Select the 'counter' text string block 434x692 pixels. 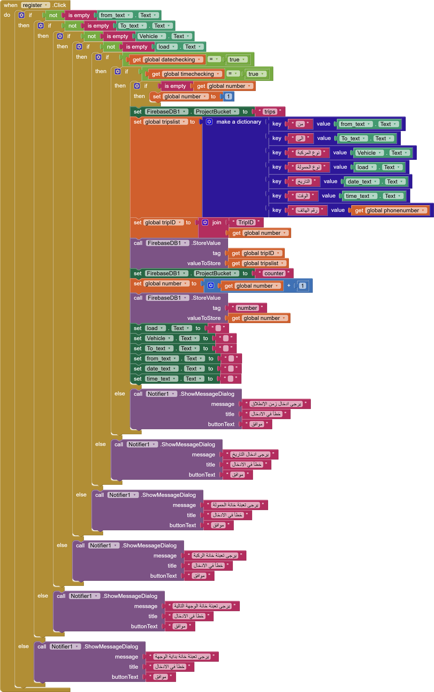coord(274,273)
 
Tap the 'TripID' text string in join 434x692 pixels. coord(246,223)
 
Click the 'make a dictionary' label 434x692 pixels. coord(239,122)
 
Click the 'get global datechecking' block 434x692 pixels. coord(166,60)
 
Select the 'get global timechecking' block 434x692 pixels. coord(185,74)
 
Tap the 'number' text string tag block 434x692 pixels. coord(247,308)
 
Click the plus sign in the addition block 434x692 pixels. coord(289,285)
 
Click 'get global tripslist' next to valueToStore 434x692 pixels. coord(257,263)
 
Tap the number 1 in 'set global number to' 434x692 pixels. coord(228,96)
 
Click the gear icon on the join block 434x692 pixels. coord(205,223)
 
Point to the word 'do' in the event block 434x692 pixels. coord(7,15)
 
